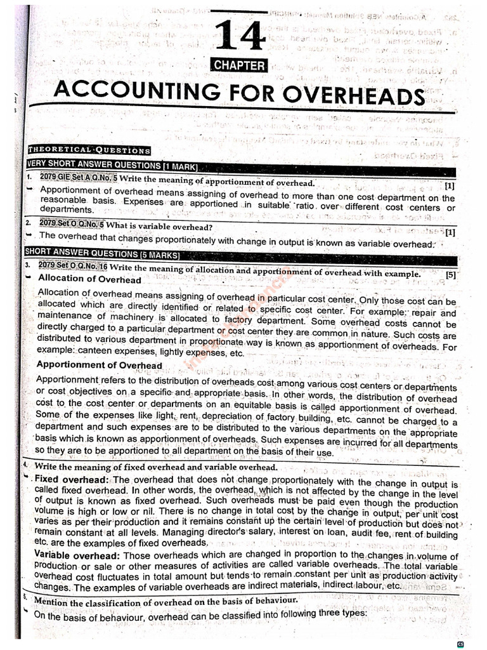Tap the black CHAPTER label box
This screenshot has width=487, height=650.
point(240,65)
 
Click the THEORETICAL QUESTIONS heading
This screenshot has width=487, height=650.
point(89,150)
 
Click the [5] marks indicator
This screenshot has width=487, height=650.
point(450,275)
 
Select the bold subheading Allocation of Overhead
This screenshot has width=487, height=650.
point(89,279)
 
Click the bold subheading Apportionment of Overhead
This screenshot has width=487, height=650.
point(99,365)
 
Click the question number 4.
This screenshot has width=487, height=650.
point(25,465)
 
